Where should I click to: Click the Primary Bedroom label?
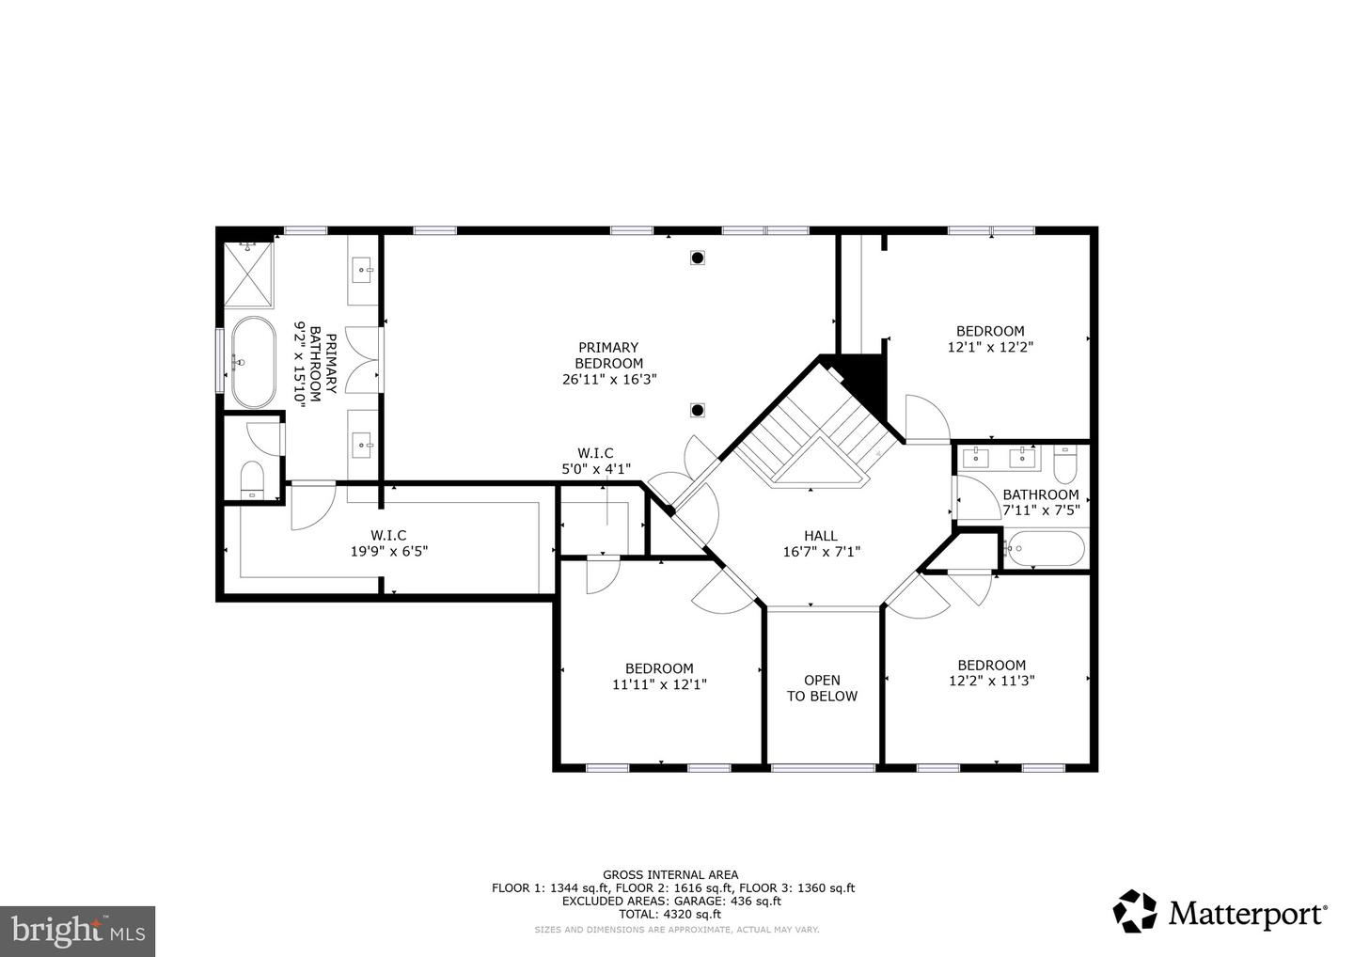608,354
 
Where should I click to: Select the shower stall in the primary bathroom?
249,275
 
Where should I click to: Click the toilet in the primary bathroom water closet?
252,478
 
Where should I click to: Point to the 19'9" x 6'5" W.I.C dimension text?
388,552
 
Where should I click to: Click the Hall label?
821,536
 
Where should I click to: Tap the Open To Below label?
822,688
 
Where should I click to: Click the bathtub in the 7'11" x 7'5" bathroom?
1044,548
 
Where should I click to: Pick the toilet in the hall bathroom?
1064,464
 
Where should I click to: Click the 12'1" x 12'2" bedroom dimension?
990,346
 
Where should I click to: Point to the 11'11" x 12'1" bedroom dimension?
659,685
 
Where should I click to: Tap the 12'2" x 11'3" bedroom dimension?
991,681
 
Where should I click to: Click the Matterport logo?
1220,912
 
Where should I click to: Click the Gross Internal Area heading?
670,874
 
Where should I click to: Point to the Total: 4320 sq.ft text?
670,914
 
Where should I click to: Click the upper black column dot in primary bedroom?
698,257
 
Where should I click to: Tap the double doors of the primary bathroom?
362,359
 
